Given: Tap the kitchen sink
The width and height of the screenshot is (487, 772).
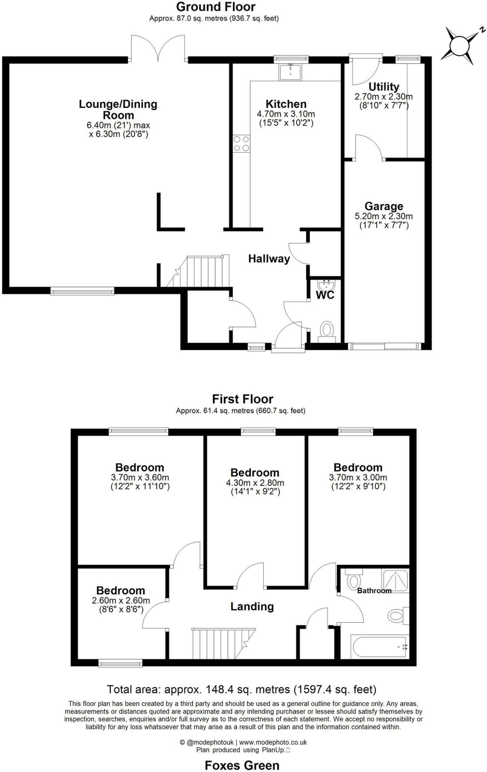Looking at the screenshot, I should (290, 72).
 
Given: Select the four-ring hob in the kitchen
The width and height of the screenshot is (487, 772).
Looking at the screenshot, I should (241, 144).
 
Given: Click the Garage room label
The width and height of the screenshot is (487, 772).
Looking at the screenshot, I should (384, 206).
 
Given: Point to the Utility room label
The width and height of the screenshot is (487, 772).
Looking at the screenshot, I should (384, 87).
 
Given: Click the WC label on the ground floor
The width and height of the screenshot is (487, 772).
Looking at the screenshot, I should (325, 295).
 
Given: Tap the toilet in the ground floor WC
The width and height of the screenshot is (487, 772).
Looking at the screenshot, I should (327, 331).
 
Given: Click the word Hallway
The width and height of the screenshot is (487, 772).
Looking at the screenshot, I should (269, 259).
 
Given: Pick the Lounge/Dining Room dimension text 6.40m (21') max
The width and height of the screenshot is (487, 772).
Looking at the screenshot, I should (118, 125).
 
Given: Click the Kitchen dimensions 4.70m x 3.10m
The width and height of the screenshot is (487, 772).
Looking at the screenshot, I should (286, 114).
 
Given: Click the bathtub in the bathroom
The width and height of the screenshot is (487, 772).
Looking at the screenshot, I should (380, 646).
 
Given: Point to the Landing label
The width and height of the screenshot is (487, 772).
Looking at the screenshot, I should (252, 607).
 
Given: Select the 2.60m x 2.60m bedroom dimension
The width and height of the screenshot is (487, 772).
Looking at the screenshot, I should (121, 600).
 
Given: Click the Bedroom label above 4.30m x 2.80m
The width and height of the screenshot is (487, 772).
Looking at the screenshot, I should (255, 473).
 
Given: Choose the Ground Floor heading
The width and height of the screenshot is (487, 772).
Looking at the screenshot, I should (215, 6).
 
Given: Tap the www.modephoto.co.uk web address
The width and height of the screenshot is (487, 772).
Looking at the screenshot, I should (273, 742).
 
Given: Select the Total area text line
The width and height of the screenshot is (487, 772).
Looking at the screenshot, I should (241, 689).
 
